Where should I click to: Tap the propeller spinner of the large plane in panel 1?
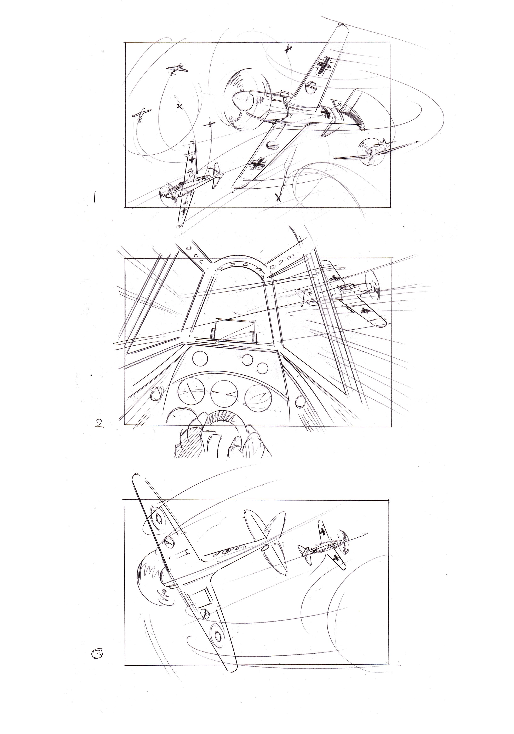click(x=243, y=102)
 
